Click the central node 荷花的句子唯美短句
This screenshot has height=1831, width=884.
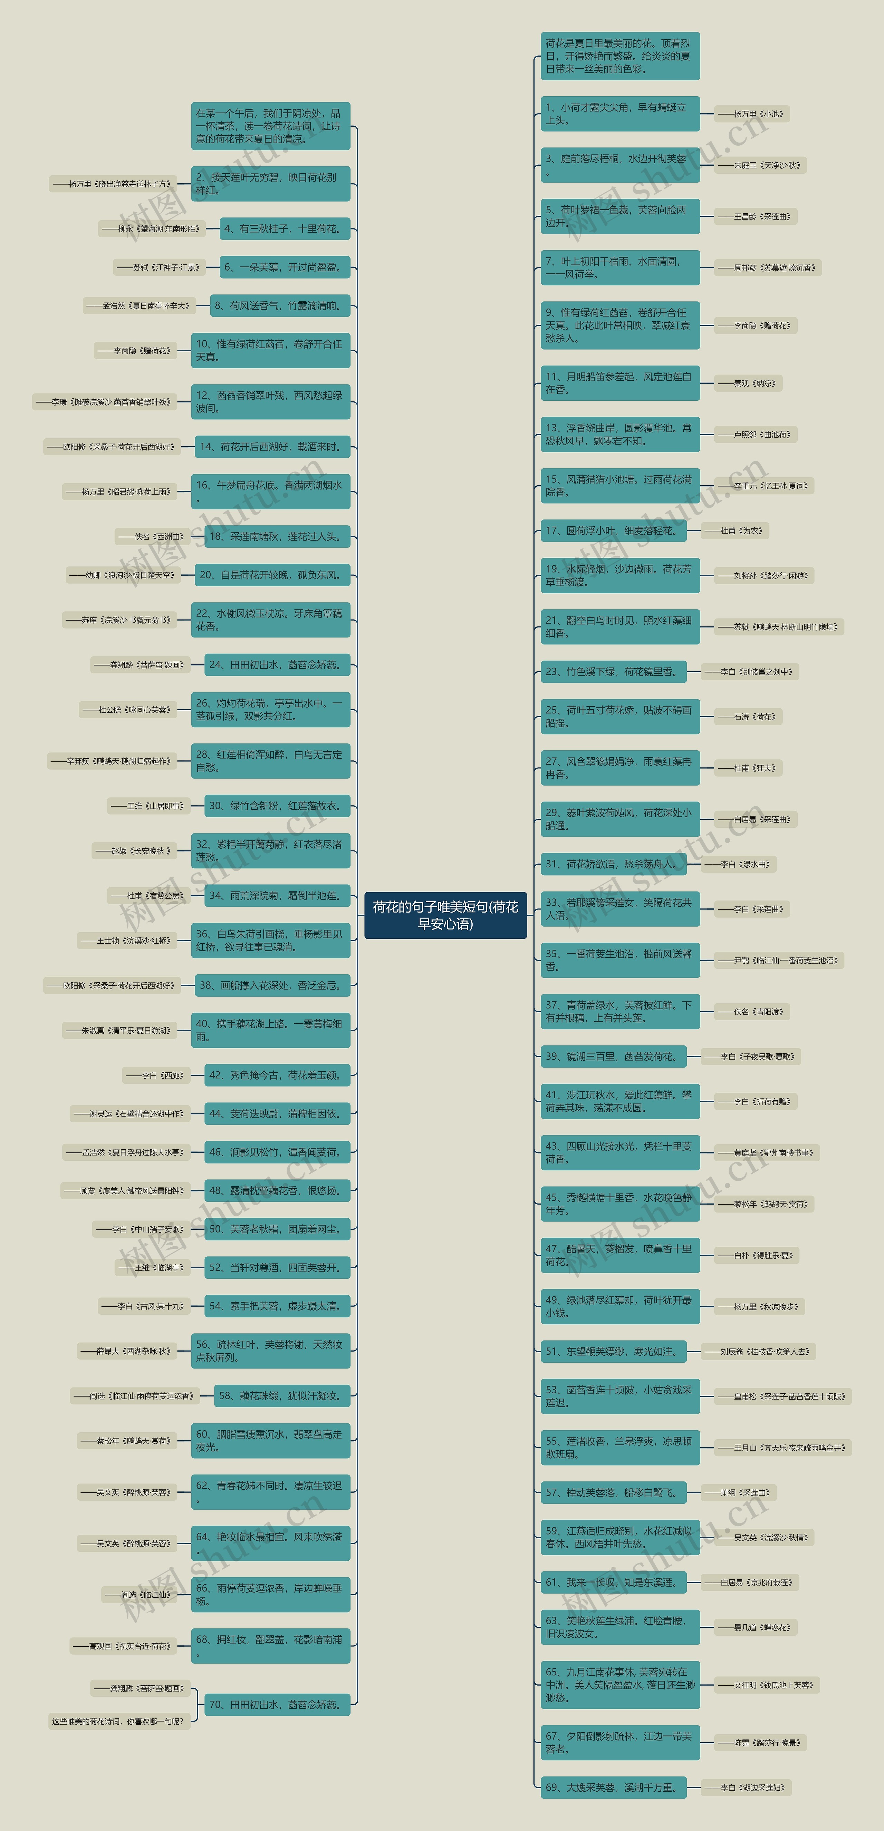click(x=445, y=915)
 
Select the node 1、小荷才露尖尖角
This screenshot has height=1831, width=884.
click(x=619, y=114)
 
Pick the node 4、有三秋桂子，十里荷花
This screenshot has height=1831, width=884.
click(x=285, y=229)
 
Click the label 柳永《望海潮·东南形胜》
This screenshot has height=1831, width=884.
click(x=152, y=229)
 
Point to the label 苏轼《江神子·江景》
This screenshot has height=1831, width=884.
click(x=159, y=267)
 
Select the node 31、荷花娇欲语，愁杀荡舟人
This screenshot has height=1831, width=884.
click(x=613, y=864)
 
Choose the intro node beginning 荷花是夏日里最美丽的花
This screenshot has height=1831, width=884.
click(x=619, y=56)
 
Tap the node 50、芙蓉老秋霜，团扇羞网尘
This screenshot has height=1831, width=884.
click(x=277, y=1229)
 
